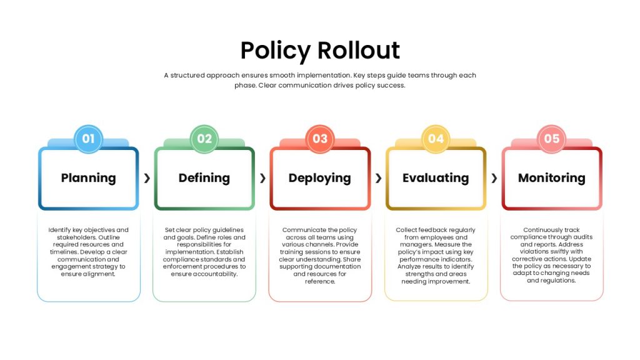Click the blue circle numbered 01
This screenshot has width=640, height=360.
(89, 139)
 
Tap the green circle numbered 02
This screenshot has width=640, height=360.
(204, 139)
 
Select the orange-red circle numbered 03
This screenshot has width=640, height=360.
(320, 139)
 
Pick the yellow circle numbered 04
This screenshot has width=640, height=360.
(436, 139)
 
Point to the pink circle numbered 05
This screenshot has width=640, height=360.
(552, 139)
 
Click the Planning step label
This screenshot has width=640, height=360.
(89, 178)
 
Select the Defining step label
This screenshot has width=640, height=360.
(204, 178)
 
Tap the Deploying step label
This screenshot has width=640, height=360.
(319, 178)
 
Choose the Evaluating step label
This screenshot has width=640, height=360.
(436, 178)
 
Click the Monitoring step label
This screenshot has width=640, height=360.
(552, 178)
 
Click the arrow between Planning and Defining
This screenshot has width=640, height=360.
(147, 178)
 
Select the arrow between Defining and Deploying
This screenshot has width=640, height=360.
(263, 178)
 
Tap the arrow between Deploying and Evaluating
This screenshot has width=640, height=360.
(378, 178)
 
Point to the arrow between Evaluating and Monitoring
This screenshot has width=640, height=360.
(494, 178)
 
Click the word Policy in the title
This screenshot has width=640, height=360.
(276, 51)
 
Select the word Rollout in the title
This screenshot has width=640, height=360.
(359, 50)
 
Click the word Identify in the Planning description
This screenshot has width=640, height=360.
(59, 230)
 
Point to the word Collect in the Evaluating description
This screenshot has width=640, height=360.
(405, 230)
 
